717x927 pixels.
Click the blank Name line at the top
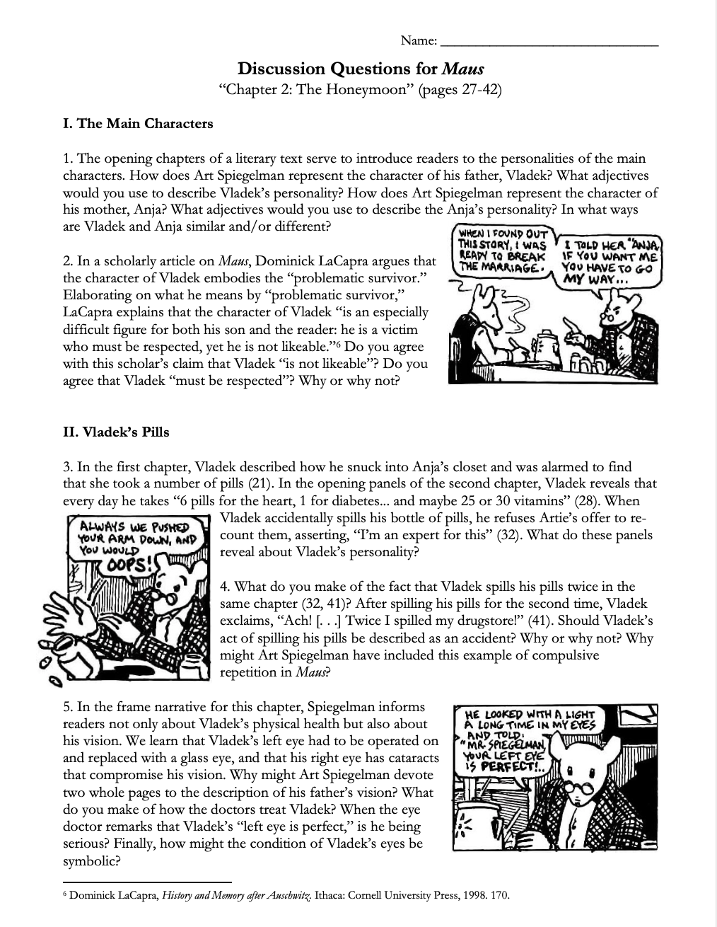pos(549,42)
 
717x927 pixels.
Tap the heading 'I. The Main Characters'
pos(138,124)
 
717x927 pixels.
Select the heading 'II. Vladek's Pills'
pos(116,432)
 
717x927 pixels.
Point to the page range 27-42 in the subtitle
pos(473,91)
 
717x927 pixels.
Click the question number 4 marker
pos(224,587)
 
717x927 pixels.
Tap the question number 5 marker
pos(66,707)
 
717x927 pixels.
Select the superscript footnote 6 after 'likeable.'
pos(339,344)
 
